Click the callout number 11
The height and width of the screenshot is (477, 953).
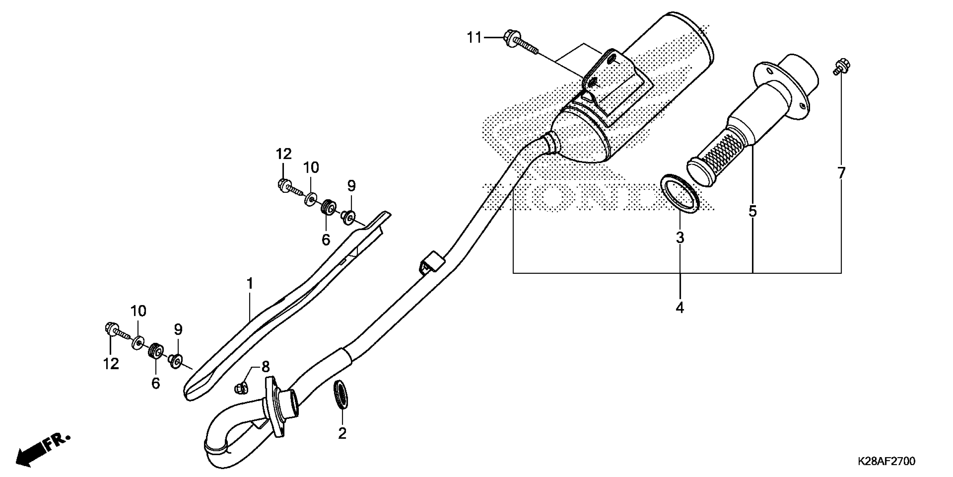474,38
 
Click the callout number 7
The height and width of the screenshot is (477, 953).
841,173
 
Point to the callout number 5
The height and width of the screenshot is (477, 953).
753,212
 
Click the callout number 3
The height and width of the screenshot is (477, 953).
680,238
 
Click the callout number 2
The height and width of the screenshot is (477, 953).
342,433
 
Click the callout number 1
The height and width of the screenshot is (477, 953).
250,284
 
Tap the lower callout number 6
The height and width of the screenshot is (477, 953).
155,383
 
